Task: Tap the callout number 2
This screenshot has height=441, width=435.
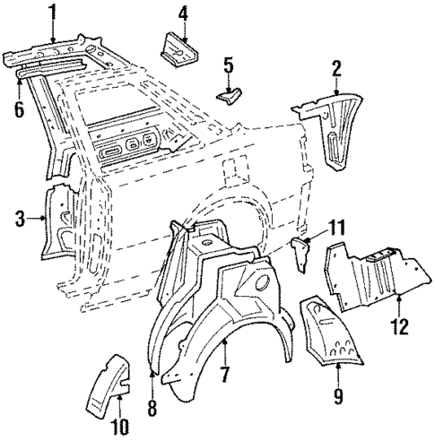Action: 336,67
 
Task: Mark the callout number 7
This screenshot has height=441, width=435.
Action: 225,370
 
